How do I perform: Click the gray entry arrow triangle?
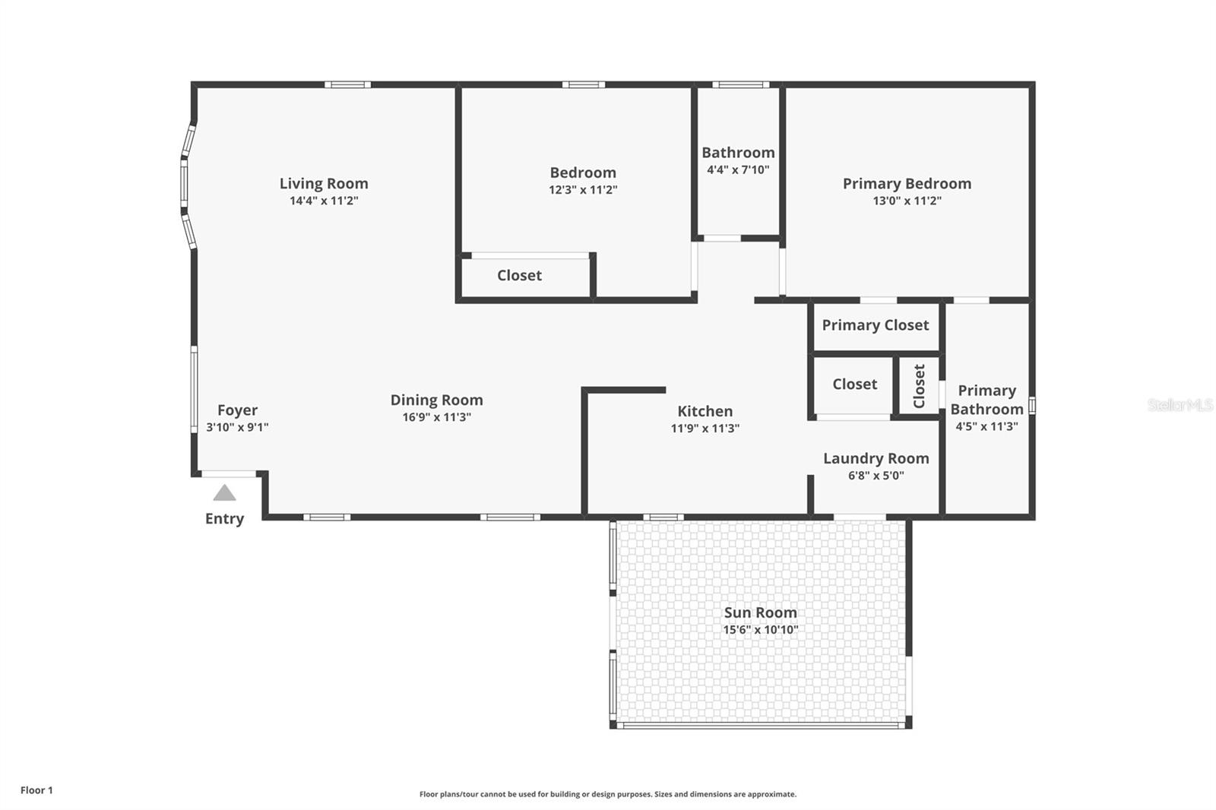(224, 493)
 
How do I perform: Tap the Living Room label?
(324, 183)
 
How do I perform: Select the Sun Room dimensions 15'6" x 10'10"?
(760, 630)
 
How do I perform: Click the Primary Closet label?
(875, 325)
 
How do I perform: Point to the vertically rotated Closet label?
(919, 386)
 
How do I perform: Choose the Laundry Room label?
(876, 458)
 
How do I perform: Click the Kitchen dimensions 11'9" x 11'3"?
(705, 429)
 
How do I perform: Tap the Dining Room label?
(436, 400)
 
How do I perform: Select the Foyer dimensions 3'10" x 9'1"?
(237, 427)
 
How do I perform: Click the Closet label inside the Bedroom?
(519, 275)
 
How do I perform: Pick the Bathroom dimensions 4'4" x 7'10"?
(738, 170)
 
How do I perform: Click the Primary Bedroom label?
(907, 183)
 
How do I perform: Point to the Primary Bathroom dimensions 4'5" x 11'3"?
(986, 427)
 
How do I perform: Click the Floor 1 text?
(36, 790)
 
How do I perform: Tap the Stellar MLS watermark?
(1180, 405)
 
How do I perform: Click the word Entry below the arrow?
(224, 519)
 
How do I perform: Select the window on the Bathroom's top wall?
(740, 84)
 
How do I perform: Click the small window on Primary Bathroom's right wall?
(1031, 406)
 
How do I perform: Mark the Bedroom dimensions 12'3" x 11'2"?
(583, 190)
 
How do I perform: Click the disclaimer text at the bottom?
(608, 794)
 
